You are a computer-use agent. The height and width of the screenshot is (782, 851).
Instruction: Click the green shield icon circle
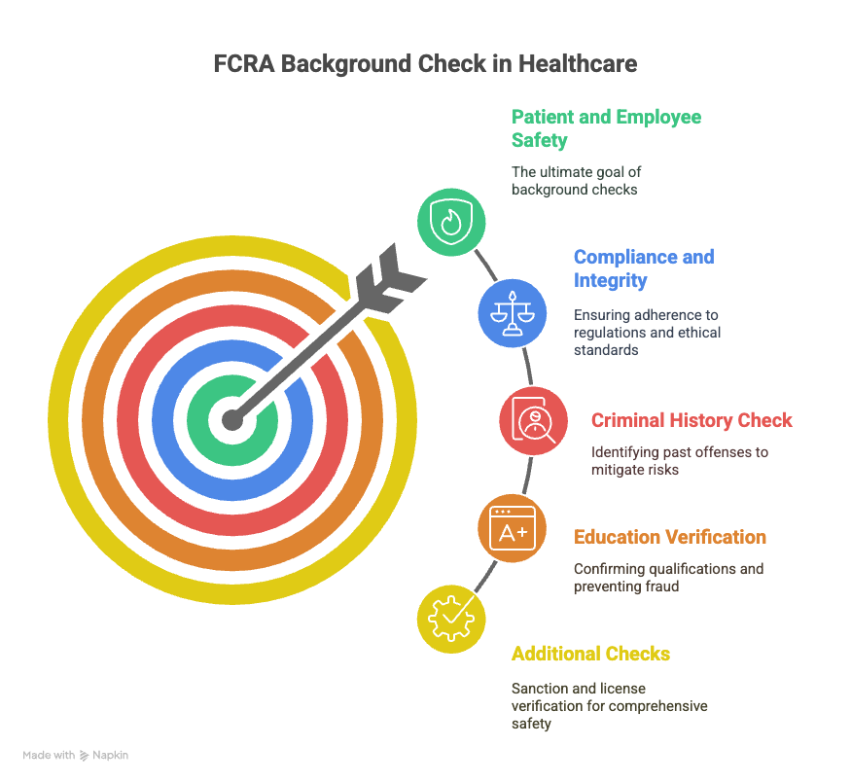[x=451, y=222]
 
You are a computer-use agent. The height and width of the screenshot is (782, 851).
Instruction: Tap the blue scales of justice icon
[x=513, y=313]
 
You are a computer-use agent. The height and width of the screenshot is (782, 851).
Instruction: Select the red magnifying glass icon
[x=534, y=420]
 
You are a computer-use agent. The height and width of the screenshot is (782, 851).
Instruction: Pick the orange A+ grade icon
[x=513, y=528]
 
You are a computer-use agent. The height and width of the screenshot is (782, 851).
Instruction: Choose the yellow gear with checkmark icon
[x=451, y=620]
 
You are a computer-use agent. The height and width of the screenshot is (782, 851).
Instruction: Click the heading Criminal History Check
[x=691, y=420]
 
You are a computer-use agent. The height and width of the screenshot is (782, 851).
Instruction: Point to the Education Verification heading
[x=670, y=537]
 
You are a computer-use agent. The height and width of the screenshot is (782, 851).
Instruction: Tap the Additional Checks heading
[x=590, y=654]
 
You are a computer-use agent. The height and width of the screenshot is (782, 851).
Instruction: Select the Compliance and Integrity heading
[x=644, y=268]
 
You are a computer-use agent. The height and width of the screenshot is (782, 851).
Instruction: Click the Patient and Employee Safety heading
[x=606, y=128]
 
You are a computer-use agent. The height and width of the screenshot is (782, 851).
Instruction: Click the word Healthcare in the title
[x=578, y=63]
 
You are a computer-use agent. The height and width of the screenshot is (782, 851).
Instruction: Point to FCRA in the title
[x=244, y=63]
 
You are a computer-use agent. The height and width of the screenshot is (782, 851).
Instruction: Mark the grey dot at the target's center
[x=232, y=420]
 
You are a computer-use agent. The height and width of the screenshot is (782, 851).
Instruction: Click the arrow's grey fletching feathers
[x=390, y=278]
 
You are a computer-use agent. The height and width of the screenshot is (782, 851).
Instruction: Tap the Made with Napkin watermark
[x=76, y=755]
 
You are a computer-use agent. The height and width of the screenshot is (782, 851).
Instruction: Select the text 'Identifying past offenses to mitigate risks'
[x=680, y=461]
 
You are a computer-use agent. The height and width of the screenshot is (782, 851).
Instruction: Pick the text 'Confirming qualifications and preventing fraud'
[x=669, y=578]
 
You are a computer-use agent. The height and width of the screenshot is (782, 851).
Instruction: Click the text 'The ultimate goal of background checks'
[x=576, y=181]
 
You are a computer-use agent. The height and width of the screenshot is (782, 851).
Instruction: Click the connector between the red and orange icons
[x=526, y=475]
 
